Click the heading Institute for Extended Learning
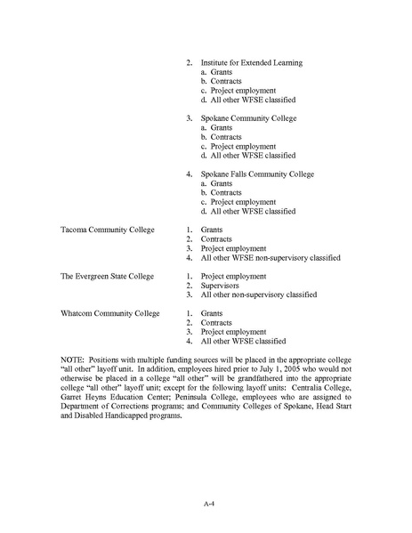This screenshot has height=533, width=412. tap(251, 63)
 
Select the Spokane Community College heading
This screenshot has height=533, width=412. tap(248, 118)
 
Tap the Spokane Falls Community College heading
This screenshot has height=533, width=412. tap(257, 174)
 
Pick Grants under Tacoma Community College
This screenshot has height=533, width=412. tap(212, 230)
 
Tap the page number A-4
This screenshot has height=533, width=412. tap(206, 505)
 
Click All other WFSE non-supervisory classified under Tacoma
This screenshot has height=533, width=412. tap(271, 257)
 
